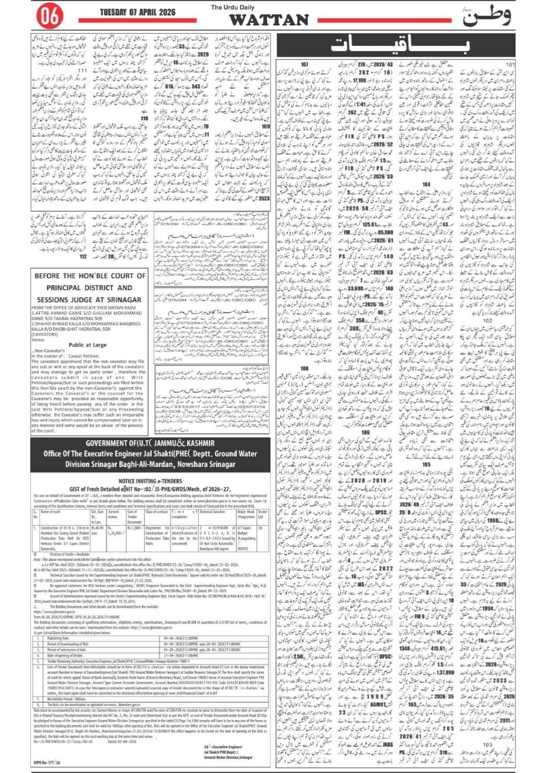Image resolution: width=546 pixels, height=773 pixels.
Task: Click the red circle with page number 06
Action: [50, 17]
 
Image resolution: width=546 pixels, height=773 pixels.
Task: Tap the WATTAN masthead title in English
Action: [269, 20]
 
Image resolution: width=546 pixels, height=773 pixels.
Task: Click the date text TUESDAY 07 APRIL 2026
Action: [138, 12]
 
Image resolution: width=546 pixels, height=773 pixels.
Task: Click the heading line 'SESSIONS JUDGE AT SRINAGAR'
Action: [90, 300]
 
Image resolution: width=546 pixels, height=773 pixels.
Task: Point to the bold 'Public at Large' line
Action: [88, 345]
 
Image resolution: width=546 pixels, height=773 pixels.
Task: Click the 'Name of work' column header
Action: [50, 512]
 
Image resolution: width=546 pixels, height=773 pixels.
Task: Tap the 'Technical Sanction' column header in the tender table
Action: [212, 512]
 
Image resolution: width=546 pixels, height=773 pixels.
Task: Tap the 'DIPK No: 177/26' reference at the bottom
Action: [46, 763]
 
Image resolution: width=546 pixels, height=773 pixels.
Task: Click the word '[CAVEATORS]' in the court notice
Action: [45, 334]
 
